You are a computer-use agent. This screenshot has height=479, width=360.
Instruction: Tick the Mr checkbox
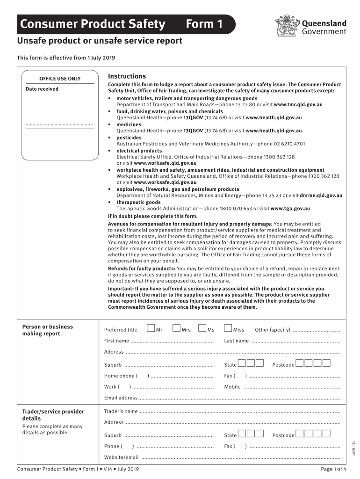click(x=151, y=328)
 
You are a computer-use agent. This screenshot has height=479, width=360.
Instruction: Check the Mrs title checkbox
click(x=176, y=328)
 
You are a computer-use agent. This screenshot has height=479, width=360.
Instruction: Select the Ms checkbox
click(x=202, y=328)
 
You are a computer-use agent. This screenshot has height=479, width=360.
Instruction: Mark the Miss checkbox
click(x=228, y=328)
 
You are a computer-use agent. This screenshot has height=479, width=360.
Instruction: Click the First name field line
click(x=172, y=341)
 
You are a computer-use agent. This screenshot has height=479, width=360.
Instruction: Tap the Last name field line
click(x=295, y=341)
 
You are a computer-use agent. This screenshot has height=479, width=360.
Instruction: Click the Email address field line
click(x=239, y=399)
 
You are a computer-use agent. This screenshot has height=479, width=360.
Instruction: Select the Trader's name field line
click(x=239, y=412)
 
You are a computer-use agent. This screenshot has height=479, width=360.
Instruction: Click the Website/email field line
click(x=240, y=458)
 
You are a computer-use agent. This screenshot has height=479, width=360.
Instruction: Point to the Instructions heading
click(x=127, y=76)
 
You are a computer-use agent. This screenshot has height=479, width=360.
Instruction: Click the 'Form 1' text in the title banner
click(x=204, y=24)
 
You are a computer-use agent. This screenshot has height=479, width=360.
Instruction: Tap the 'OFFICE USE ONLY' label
click(x=59, y=79)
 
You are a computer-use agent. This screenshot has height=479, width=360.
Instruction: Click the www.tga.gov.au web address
click(x=290, y=209)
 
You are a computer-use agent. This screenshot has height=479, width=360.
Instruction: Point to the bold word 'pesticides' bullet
click(x=129, y=138)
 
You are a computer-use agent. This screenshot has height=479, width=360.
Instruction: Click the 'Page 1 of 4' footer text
click(x=333, y=469)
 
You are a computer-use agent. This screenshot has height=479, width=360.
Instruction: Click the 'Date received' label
click(x=42, y=89)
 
